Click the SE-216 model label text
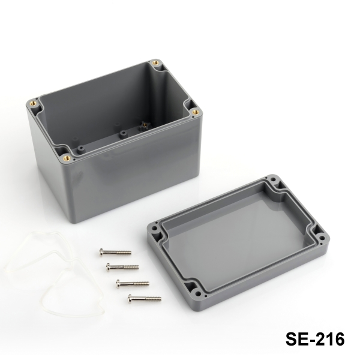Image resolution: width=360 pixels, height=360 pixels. pyautogui.click(x=315, y=339)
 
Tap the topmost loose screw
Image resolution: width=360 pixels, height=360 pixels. pyautogui.click(x=115, y=253)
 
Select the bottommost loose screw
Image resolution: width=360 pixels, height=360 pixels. pyautogui.click(x=145, y=299)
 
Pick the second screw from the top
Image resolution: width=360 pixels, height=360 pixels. pyautogui.click(x=122, y=267)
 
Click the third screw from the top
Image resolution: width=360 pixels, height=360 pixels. pyautogui.click(x=133, y=284)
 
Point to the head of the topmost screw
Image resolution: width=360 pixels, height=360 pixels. pyautogui.click(x=101, y=253)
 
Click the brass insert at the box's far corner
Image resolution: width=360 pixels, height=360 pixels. pyautogui.click(x=155, y=62)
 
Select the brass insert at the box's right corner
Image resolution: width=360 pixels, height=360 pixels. pyautogui.click(x=196, y=112)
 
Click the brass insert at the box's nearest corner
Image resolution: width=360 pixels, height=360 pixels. pyautogui.click(x=67, y=157)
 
